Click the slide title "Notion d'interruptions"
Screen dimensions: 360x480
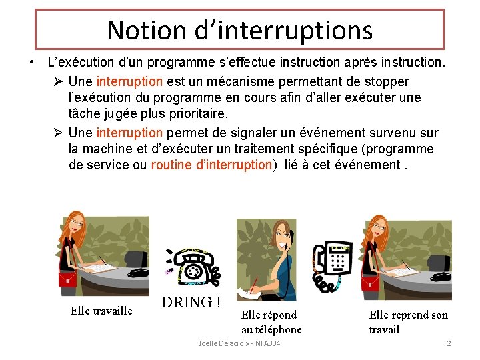pos(239,30)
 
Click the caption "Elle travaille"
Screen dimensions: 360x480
pos(101,311)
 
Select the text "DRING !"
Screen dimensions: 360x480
pos(191,302)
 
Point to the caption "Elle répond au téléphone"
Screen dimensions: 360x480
pos(271,322)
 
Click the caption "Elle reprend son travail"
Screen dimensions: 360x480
pos(408,322)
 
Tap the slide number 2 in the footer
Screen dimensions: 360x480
pos(449,343)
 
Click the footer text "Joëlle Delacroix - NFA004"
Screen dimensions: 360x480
pos(239,343)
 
